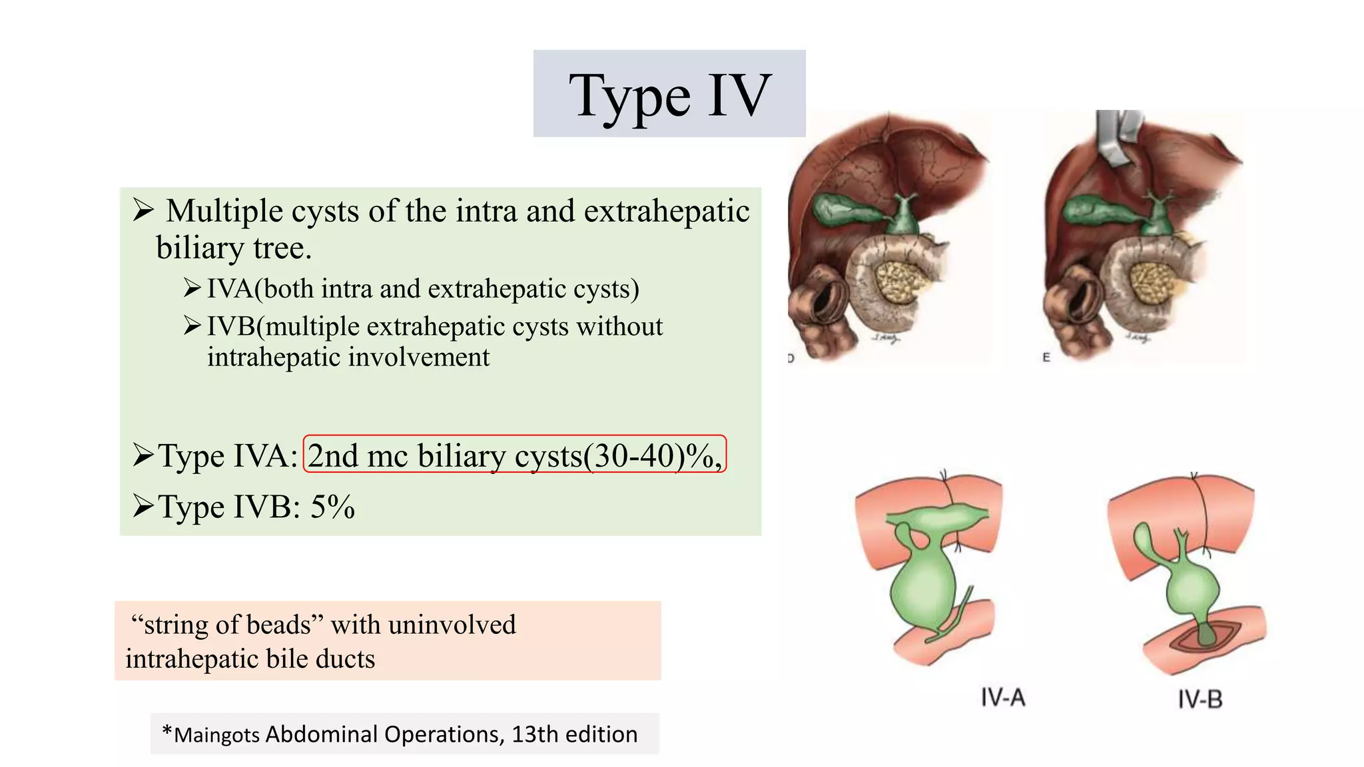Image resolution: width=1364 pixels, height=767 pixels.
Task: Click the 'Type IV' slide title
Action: pos(669,95)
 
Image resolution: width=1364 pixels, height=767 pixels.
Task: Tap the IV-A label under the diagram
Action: pos(1002,698)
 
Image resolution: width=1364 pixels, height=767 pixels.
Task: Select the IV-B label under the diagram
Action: pos(1199,699)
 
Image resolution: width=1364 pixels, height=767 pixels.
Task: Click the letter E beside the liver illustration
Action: pos(1046,358)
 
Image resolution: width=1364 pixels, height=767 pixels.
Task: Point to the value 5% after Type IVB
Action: pos(332,507)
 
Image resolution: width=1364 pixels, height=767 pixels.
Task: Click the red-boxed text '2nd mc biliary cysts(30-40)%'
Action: pos(514,456)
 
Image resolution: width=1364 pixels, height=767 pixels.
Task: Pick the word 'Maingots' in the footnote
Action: pos(216,735)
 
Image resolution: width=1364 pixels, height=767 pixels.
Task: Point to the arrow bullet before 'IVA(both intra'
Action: pos(192,288)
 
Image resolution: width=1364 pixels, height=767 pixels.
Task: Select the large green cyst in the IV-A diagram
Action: pos(922,586)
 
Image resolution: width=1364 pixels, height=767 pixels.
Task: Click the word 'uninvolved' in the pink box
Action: pos(452,625)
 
